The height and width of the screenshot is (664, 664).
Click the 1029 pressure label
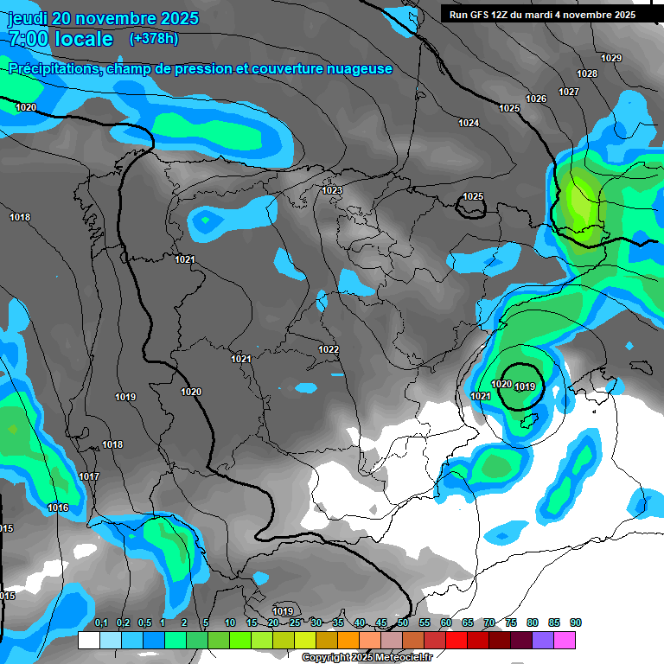pyautogui.click(x=611, y=58)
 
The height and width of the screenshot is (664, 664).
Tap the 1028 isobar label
pyautogui.click(x=587, y=73)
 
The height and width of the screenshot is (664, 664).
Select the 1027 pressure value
pyautogui.click(x=568, y=92)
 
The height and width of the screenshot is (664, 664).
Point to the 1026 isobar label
pyautogui.click(x=536, y=99)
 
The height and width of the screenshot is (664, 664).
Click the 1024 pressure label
pyautogui.click(x=469, y=123)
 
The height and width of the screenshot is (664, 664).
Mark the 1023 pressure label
pyautogui.click(x=332, y=190)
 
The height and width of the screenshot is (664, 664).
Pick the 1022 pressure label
pyautogui.click(x=329, y=349)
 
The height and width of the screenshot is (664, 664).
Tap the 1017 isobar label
pyautogui.click(x=89, y=476)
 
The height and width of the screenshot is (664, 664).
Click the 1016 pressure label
pyautogui.click(x=58, y=508)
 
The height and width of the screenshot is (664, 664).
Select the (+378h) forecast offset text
pyautogui.click(x=153, y=39)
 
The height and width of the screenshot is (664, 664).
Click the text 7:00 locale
pyautogui.click(x=61, y=39)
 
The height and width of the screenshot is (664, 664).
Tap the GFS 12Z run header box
pyautogui.click(x=542, y=15)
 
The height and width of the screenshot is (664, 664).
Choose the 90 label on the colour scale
pyautogui.click(x=576, y=622)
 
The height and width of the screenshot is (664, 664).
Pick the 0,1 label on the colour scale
pyautogui.click(x=100, y=622)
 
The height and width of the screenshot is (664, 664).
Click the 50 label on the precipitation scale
pyautogui.click(x=403, y=622)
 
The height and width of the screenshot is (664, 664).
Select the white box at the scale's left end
pyautogui.click(x=88, y=640)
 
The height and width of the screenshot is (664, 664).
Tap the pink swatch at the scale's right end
pyautogui.click(x=565, y=640)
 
